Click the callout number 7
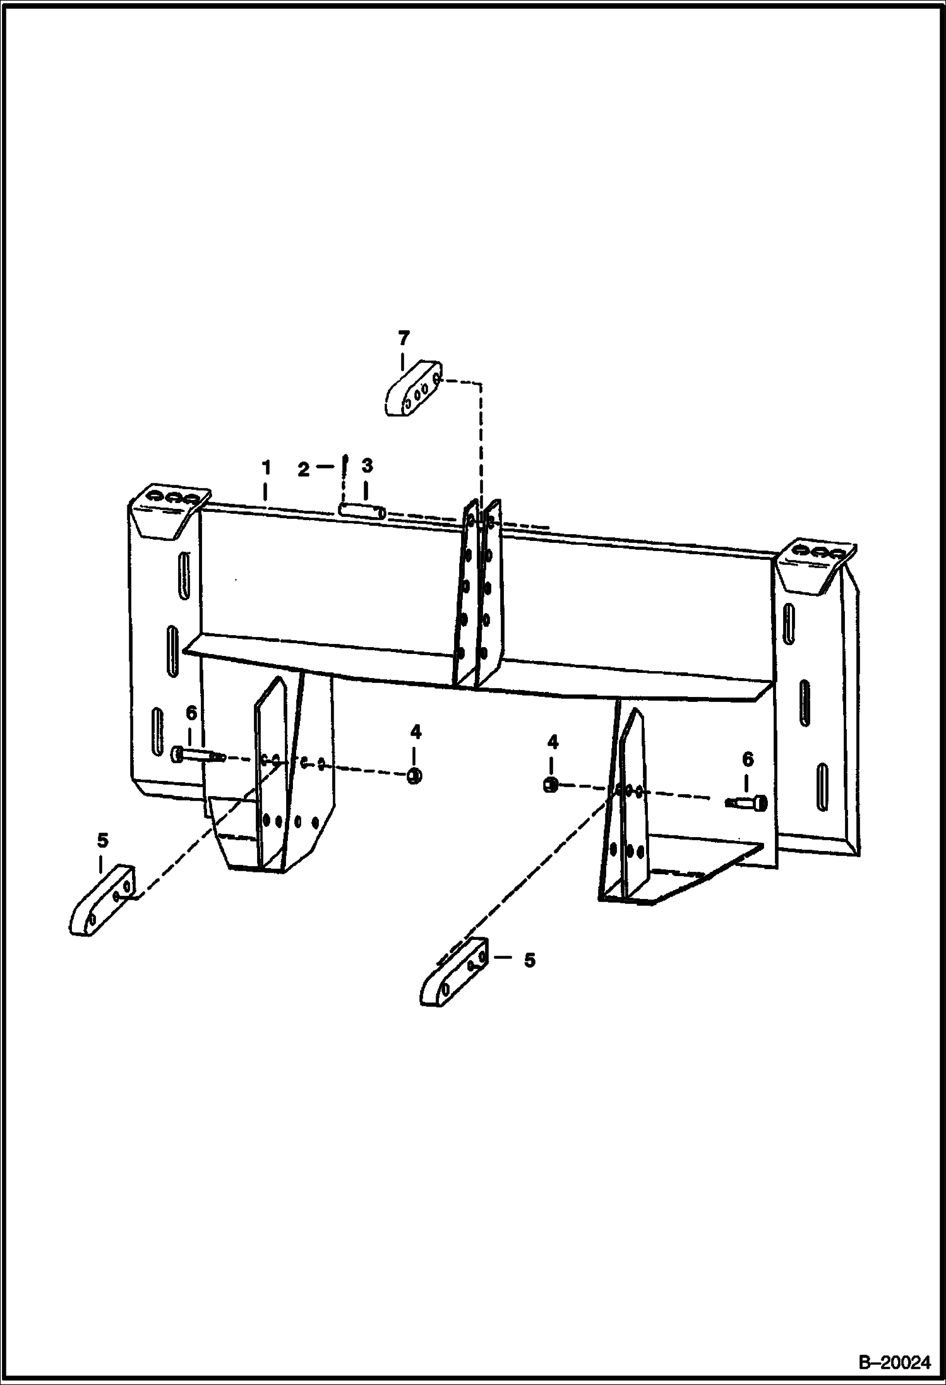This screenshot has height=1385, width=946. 404,338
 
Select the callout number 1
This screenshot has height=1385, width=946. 266,468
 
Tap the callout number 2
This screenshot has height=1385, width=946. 304,470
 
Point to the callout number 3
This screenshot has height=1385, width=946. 367,466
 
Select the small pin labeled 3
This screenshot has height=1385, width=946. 362,510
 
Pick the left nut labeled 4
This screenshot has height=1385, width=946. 414,776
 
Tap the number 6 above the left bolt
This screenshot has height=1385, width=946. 191,713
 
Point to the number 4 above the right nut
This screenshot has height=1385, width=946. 553,742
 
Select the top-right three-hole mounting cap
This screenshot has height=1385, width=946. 814,566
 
